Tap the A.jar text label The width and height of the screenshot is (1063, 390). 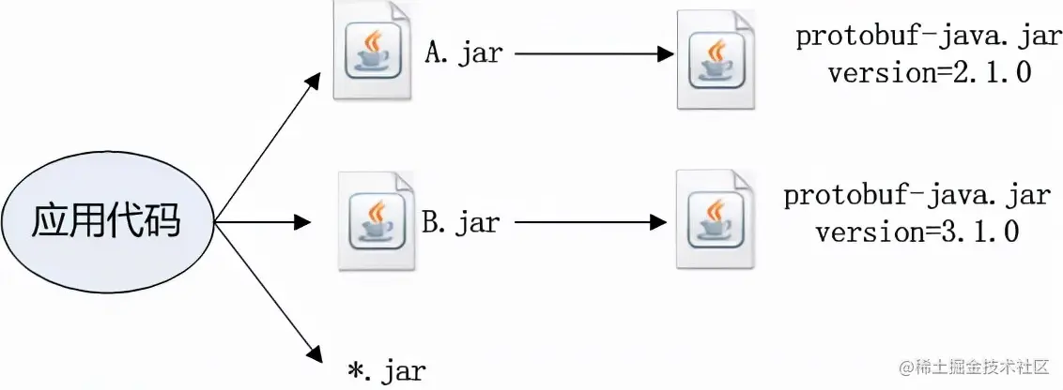[464, 53]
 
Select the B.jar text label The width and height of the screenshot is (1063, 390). [460, 223]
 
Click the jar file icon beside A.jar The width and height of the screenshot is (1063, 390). [374, 52]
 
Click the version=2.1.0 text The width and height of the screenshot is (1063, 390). [929, 73]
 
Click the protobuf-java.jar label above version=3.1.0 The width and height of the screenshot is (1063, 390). [917, 197]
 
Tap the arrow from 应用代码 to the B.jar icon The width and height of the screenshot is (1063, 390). [263, 223]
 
